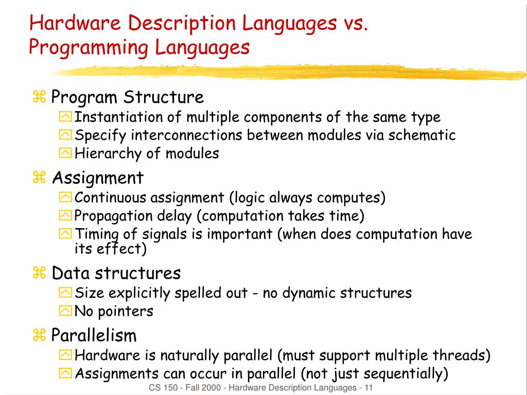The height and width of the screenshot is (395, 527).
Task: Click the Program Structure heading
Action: point(128,97)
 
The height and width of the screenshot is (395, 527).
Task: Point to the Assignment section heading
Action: point(98,178)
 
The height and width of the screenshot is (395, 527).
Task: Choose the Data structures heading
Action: point(116,273)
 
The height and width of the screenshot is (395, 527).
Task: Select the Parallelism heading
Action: point(94,336)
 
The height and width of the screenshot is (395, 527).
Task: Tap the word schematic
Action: point(422,135)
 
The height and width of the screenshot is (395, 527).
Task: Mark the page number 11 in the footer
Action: point(368,388)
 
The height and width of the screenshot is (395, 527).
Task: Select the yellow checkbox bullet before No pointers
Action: point(66,311)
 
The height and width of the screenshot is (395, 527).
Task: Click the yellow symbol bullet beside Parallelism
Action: point(39,336)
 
